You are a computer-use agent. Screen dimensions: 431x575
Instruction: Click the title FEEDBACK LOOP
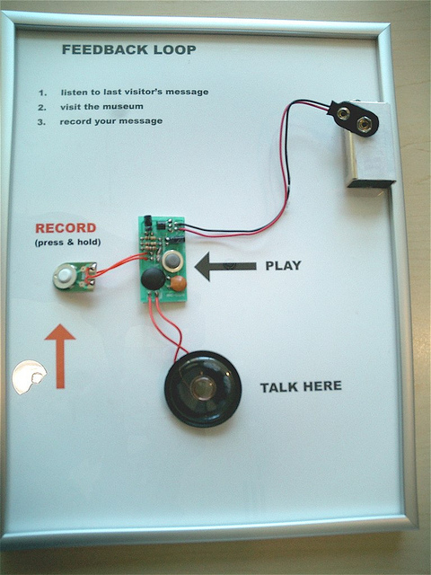(129, 49)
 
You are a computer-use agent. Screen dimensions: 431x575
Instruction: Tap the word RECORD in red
(66, 228)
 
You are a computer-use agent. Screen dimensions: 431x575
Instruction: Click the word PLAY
(284, 266)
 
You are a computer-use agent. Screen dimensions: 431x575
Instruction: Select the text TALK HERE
(301, 386)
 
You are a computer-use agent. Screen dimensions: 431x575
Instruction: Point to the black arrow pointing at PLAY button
(225, 266)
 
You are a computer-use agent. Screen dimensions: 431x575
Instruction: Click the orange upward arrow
(60, 356)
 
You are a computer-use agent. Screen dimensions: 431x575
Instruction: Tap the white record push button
(66, 276)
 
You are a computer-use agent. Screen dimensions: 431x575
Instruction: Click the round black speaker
(203, 389)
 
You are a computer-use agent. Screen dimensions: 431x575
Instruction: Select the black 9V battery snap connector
(353, 118)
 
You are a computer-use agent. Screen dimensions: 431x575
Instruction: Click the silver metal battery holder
(371, 145)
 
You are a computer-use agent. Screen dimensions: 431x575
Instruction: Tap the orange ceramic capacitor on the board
(179, 284)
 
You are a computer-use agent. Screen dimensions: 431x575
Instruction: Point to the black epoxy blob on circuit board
(154, 279)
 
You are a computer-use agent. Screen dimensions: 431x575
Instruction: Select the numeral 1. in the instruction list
(43, 93)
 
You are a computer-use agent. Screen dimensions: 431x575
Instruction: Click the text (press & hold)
(68, 243)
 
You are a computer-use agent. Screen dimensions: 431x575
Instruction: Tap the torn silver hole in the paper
(29, 377)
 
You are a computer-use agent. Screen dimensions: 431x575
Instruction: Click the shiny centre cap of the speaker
(202, 388)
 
